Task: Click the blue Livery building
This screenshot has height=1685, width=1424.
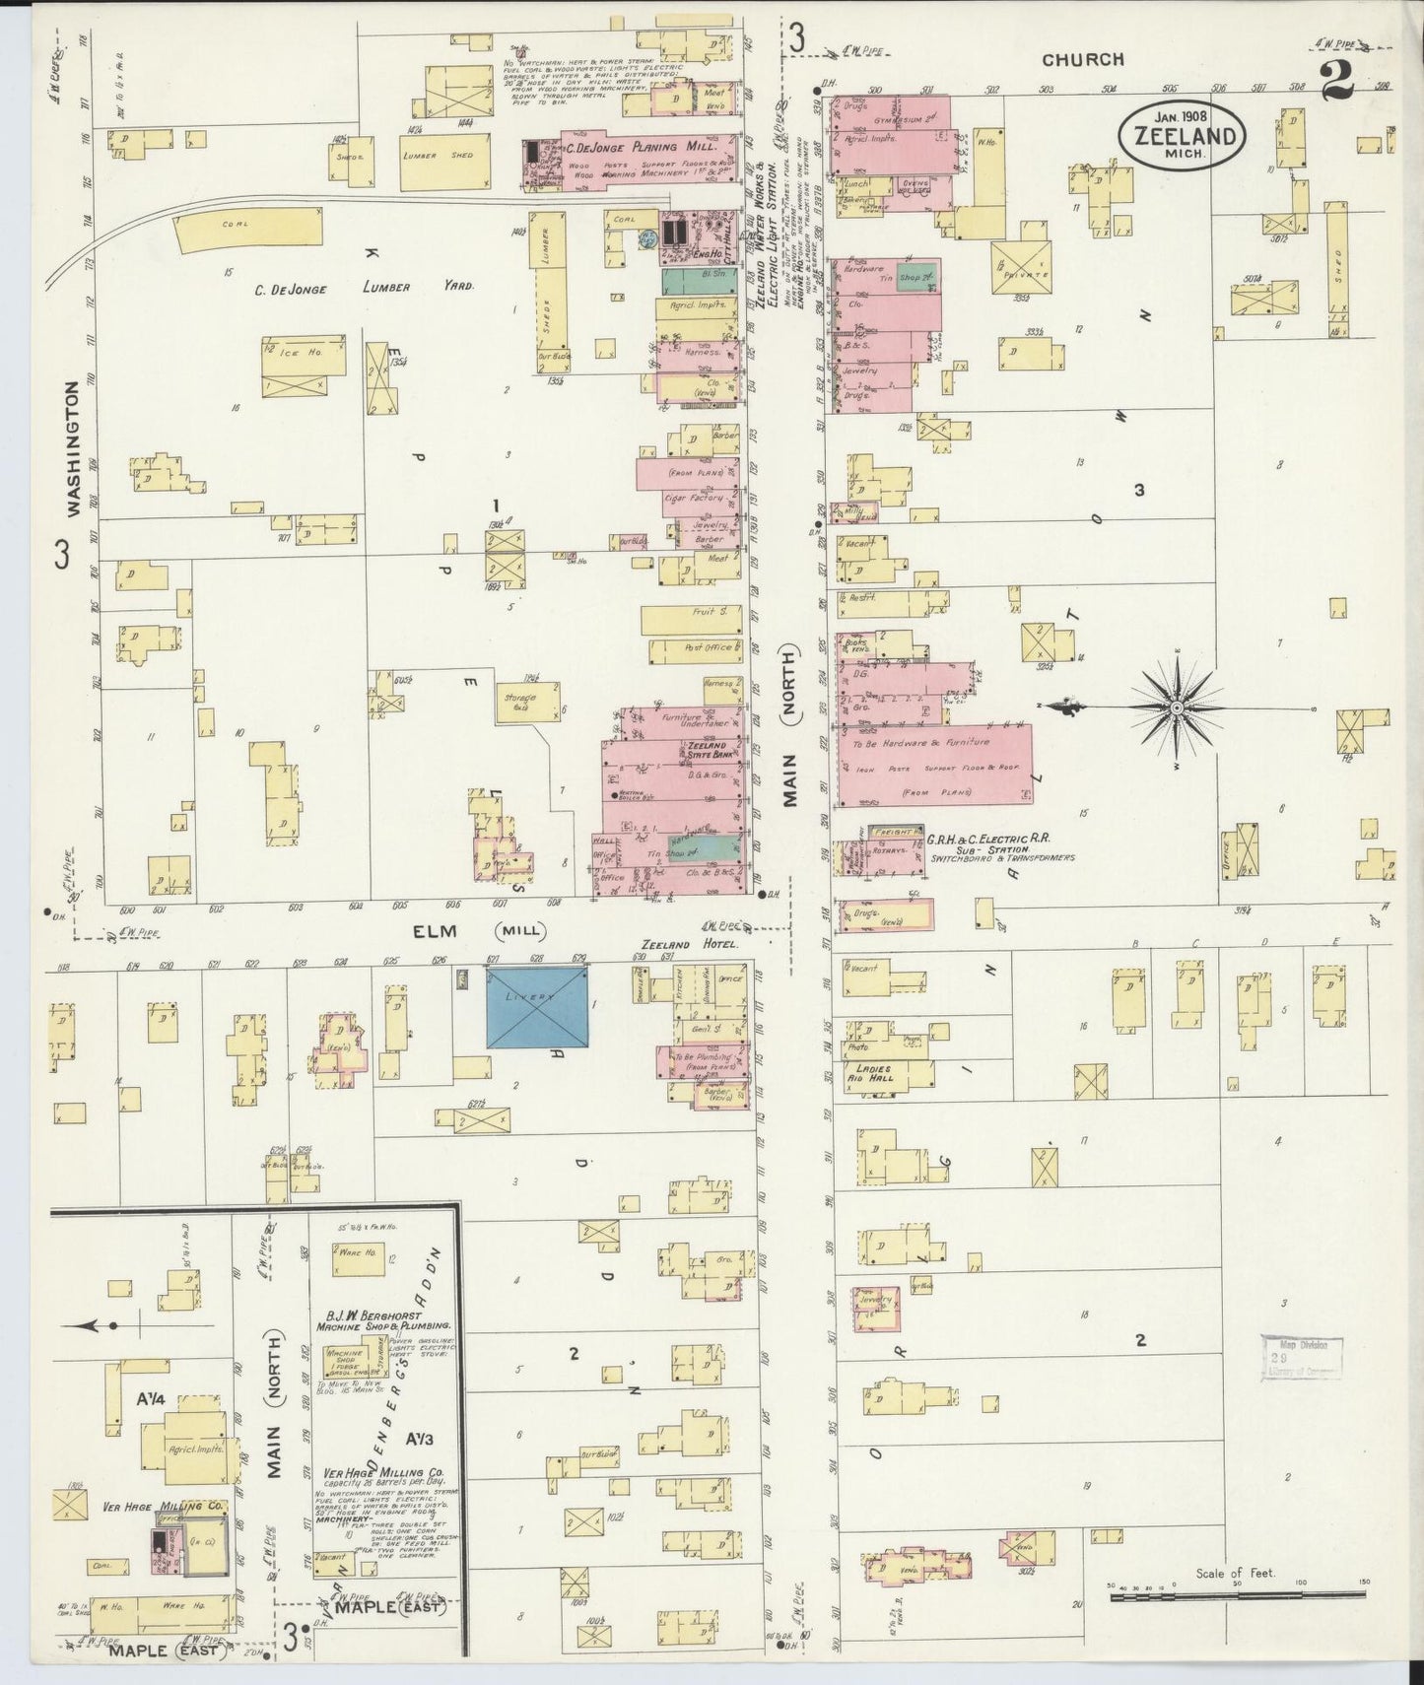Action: click(x=537, y=1007)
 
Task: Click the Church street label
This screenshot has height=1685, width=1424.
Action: click(x=1083, y=60)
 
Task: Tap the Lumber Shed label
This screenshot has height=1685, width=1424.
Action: click(x=438, y=156)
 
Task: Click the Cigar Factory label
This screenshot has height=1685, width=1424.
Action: click(x=697, y=499)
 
